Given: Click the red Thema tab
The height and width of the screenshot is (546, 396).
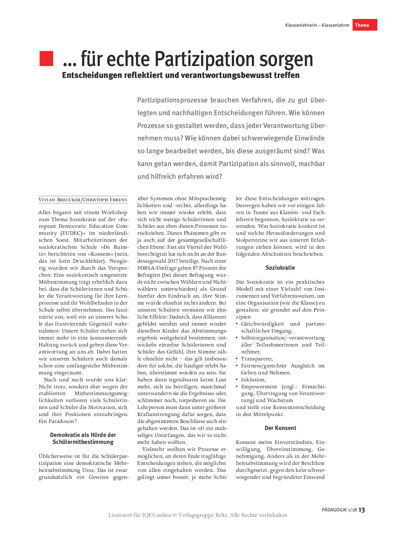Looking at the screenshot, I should pos(365,25).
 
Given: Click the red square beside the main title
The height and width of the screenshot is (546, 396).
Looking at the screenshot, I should pos(46,58).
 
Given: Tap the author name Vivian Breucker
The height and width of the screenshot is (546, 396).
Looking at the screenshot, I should pos(59,200).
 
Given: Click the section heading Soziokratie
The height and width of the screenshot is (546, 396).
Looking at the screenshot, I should pos(280,268).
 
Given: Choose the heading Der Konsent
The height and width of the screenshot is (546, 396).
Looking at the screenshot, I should pos(280,428).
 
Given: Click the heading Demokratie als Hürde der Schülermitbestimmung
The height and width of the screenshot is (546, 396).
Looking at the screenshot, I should pos(83,439).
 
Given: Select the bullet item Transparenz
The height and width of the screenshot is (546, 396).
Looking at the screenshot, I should pos(257,359).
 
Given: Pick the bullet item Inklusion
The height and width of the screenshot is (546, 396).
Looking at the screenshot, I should pos(253,380).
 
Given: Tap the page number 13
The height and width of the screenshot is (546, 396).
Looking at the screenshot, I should pos(362,510).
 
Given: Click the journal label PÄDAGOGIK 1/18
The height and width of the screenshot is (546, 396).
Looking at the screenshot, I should pos(339,510).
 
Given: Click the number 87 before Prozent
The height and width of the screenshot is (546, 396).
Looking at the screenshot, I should pos(196,268).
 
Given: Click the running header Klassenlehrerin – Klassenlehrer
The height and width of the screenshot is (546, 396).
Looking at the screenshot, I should pos(317,25).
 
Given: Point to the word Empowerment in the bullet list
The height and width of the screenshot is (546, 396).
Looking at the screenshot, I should pos(259,387).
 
